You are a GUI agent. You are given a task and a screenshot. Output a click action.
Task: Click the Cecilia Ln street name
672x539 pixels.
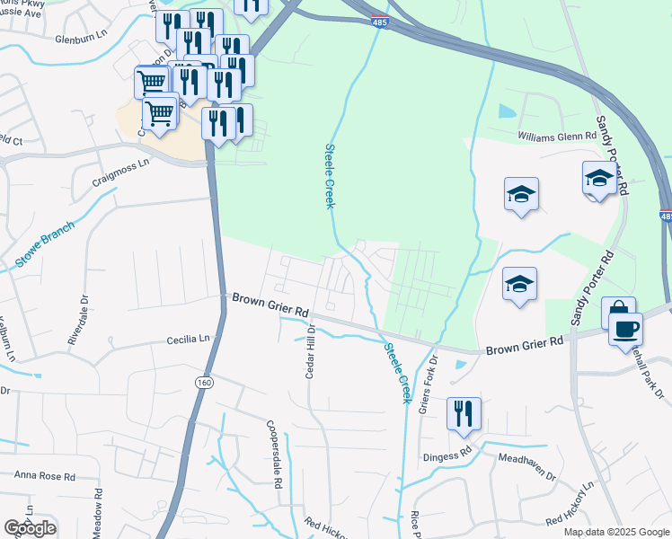pyautogui.click(x=187, y=340)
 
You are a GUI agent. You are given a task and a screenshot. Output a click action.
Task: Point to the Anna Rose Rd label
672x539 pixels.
pyautogui.click(x=43, y=476)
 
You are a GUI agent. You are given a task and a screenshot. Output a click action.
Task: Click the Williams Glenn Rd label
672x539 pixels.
pyautogui.click(x=557, y=136)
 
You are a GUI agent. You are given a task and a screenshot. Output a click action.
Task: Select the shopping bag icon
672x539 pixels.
pyautogui.click(x=618, y=312)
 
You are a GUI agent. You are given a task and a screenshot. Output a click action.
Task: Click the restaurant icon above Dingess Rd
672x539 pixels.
pyautogui.click(x=464, y=412)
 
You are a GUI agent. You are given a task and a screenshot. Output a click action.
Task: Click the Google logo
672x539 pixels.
pyautogui.click(x=30, y=528)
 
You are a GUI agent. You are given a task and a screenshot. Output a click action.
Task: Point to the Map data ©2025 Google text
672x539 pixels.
pyautogui.click(x=616, y=532)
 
